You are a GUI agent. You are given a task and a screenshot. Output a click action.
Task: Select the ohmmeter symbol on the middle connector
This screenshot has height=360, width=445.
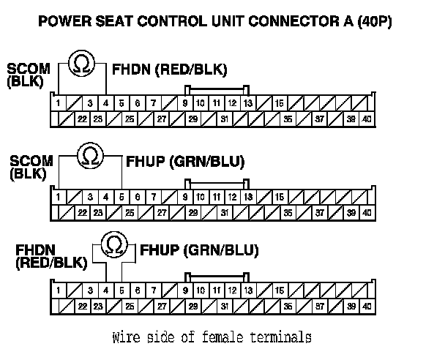[90, 155]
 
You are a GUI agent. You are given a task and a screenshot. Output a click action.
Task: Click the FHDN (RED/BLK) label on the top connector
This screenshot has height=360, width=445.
[171, 70]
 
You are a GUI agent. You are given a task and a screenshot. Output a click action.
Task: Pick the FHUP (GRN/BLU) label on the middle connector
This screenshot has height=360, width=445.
[186, 160]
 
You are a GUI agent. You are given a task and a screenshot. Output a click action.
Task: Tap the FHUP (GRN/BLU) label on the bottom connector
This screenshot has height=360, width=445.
[199, 250]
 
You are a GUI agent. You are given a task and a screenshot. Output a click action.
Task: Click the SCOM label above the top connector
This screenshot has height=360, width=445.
[29, 70]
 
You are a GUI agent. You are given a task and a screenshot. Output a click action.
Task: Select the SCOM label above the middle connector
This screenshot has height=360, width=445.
[30, 160]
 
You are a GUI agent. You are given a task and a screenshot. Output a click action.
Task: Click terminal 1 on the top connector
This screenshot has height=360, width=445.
[58, 104]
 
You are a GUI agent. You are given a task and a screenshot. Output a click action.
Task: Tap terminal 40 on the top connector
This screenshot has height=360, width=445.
[367, 119]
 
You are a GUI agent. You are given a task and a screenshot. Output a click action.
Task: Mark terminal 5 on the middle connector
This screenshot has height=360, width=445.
[121, 196]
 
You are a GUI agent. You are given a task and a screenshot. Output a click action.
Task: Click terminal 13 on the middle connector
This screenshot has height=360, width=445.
[248, 196]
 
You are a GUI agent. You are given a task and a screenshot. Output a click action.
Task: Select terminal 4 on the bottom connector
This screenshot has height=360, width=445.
[106, 290]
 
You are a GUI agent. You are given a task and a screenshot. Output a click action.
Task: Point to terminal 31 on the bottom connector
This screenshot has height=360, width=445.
[225, 305]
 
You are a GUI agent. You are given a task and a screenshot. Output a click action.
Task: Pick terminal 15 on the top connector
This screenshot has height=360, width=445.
[280, 104]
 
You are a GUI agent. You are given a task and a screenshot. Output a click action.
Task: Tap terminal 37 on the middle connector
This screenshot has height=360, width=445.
[320, 212]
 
